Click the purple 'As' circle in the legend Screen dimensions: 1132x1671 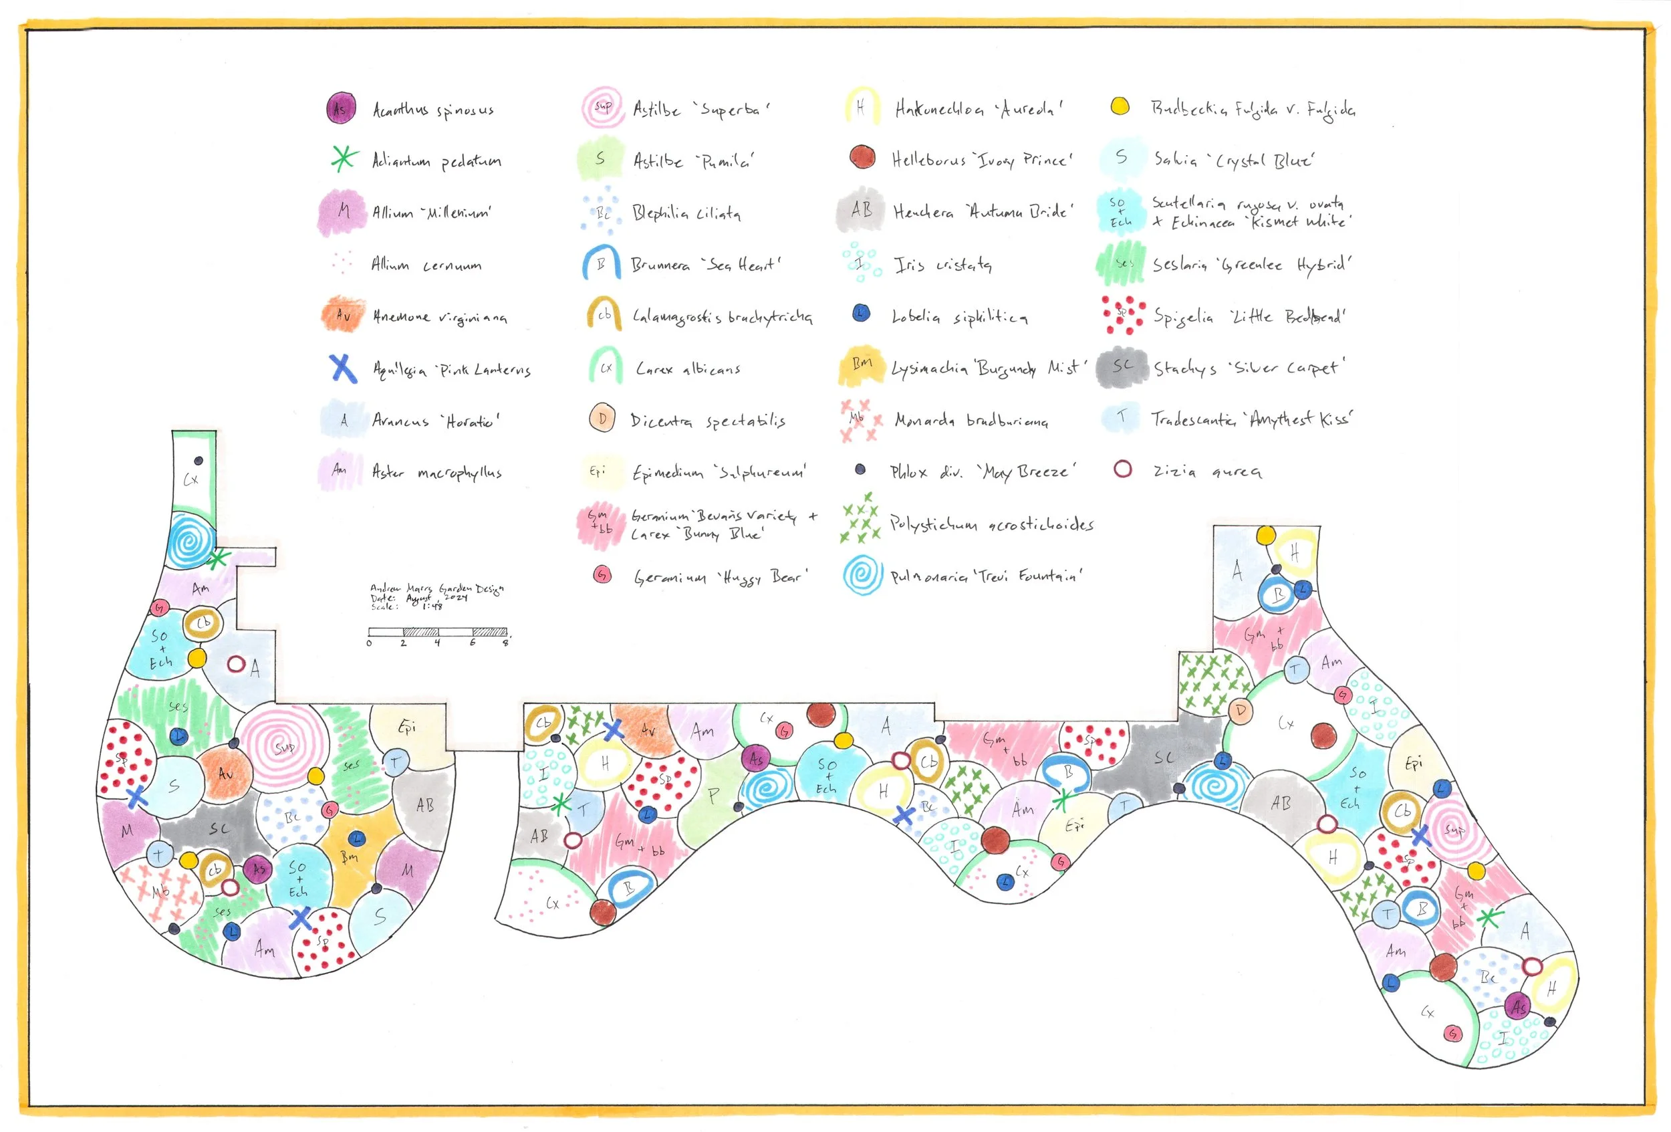(341, 108)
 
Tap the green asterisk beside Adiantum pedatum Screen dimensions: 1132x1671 (344, 158)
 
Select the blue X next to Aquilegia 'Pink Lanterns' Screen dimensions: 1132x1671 (344, 368)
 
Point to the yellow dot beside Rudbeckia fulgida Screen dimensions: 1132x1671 (1120, 106)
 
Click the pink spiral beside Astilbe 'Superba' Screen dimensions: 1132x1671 (602, 107)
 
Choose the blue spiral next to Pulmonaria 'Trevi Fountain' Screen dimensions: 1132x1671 (862, 575)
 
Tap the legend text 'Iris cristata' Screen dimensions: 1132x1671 (942, 265)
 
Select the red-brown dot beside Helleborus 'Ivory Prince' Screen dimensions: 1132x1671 (862, 156)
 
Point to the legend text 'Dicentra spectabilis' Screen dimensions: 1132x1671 (708, 421)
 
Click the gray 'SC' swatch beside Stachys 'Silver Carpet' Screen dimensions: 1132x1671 (1122, 367)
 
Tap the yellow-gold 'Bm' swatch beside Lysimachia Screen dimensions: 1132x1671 (862, 365)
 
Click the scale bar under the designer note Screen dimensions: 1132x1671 (438, 632)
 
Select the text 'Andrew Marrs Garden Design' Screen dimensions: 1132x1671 (437, 588)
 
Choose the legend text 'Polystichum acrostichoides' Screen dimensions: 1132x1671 (991, 524)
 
